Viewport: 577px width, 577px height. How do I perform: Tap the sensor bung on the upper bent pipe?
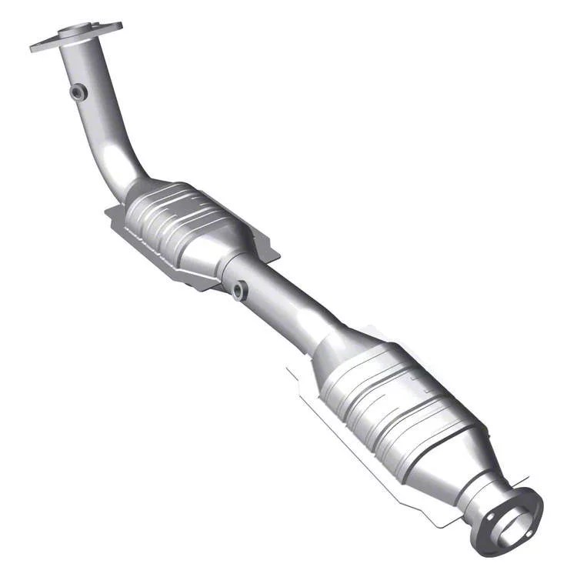point(77,92)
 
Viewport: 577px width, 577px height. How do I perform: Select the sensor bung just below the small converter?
point(239,290)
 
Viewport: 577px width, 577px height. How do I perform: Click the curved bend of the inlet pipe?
point(123,165)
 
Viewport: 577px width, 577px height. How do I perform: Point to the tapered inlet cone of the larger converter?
point(339,346)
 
